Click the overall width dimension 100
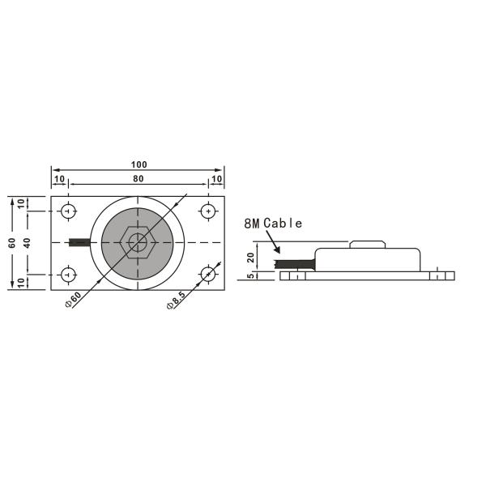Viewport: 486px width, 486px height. (138, 164)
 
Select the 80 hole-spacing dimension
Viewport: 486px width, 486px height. (138, 178)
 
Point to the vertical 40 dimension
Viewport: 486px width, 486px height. (26, 242)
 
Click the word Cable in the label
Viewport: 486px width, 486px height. (283, 223)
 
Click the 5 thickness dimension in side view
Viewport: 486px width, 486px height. (250, 275)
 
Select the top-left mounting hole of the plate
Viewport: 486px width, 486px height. (68, 211)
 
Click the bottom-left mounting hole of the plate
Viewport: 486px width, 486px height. (68, 274)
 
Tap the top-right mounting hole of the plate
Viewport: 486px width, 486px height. (209, 211)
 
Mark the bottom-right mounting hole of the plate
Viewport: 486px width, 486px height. (209, 274)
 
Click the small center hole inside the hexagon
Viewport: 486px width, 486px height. (139, 241)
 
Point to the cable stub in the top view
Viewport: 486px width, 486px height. (81, 242)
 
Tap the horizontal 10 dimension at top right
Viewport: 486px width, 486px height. (216, 178)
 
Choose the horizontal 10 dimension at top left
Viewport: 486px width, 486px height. (59, 178)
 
